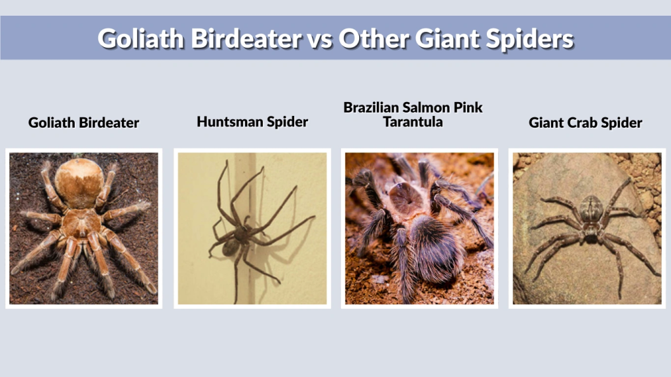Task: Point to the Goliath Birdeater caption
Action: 83,122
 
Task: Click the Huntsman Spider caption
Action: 252,121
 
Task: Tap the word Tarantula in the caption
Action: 413,122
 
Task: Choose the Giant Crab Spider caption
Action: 585,122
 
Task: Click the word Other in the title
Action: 373,38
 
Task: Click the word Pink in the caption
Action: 469,107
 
